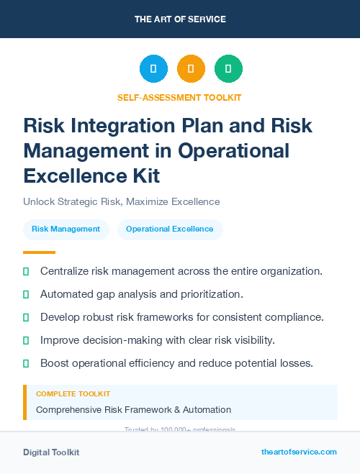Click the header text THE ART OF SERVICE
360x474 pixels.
(x=179, y=19)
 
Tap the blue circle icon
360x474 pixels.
(x=153, y=68)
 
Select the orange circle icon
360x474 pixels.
(x=191, y=68)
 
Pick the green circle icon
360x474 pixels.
(x=228, y=68)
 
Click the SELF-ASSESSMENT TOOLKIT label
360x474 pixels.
(x=179, y=97)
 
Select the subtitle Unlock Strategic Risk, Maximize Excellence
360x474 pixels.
(x=121, y=201)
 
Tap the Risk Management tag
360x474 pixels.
(x=66, y=229)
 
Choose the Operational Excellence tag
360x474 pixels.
(x=169, y=229)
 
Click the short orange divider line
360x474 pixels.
(x=39, y=252)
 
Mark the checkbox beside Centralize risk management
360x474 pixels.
(x=26, y=271)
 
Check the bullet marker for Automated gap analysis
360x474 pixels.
(x=26, y=294)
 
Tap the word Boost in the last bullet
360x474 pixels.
(x=55, y=363)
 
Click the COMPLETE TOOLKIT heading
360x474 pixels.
(x=73, y=394)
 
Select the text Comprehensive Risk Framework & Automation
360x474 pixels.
(x=133, y=410)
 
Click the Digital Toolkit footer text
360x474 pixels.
(x=51, y=452)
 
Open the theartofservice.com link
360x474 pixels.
(x=299, y=452)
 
